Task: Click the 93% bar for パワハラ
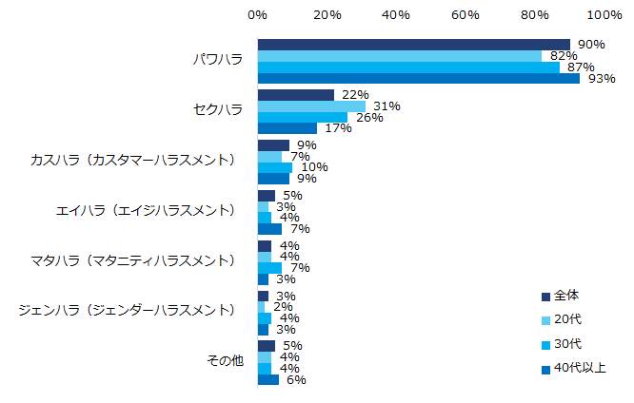419,78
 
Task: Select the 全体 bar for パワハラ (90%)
413,45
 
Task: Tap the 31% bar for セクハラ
311,106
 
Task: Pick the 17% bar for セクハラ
287,128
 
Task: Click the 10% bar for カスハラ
275,167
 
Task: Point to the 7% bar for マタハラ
269,268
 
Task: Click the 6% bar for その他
268,379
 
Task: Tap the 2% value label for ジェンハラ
283,307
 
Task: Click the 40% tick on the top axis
396,15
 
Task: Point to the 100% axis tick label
604,15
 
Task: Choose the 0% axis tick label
257,15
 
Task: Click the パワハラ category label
216,59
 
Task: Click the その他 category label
225,361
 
